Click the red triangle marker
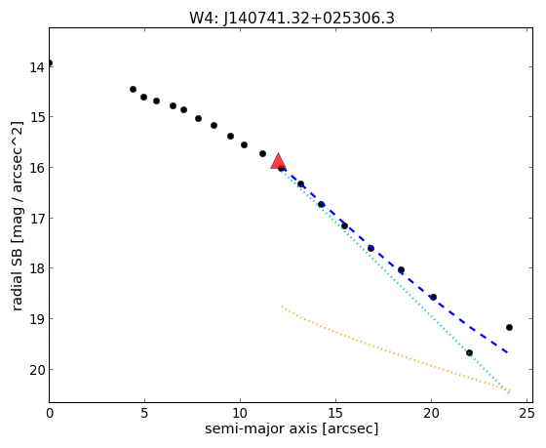(x=278, y=162)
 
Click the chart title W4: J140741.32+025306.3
(x=292, y=19)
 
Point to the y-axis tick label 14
(x=37, y=67)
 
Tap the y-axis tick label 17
(x=37, y=219)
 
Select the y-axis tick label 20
(x=37, y=370)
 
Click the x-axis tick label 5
(x=144, y=413)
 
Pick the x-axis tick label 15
(x=335, y=413)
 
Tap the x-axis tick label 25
(x=526, y=413)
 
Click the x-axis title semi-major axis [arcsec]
(x=292, y=428)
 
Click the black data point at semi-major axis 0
(x=50, y=63)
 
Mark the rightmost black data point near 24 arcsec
(x=509, y=327)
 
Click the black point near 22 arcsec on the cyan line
(x=469, y=352)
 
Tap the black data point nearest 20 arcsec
(x=434, y=297)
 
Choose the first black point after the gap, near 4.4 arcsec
(x=133, y=89)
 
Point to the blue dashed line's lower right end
(x=508, y=353)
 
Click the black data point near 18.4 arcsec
(x=401, y=269)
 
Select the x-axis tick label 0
(x=50, y=413)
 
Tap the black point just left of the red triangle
(x=263, y=154)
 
